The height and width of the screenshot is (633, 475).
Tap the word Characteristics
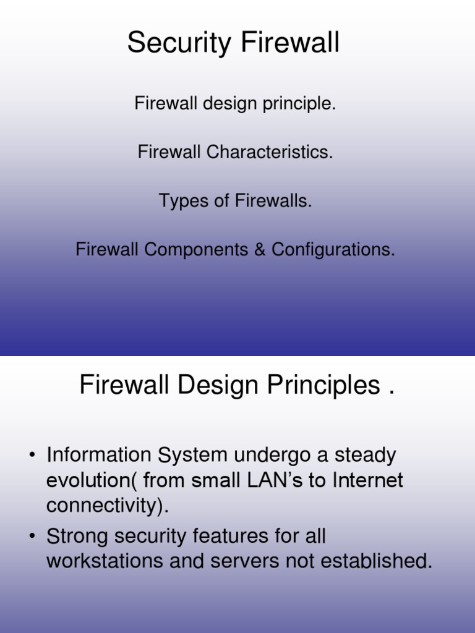tap(270, 152)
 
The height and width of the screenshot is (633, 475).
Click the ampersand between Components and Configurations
tap(262, 250)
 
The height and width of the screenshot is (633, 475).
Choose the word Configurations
tap(333, 250)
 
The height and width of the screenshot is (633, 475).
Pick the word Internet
tap(369, 480)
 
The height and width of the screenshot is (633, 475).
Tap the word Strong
tap(77, 536)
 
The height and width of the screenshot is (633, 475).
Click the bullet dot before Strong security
tap(32, 537)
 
